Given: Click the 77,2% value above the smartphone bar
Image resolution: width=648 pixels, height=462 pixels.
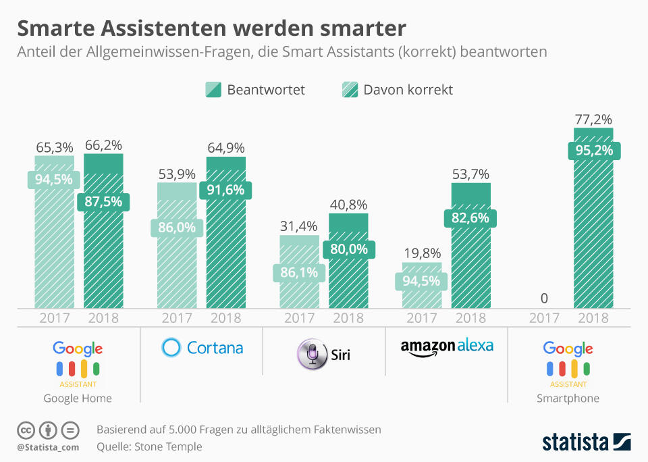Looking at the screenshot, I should click(593, 120).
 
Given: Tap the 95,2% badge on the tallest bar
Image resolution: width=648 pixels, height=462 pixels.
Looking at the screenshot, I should click(593, 150).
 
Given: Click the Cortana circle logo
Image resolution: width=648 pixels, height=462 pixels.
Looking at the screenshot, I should click(171, 347).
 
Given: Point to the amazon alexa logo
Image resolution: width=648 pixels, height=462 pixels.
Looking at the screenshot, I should click(446, 347).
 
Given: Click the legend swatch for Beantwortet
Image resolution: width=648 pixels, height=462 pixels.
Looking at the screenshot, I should click(213, 90).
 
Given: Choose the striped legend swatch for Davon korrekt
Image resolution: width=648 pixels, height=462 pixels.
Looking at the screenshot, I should click(350, 90).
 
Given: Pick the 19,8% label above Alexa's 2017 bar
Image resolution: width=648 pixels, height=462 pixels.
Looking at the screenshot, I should click(422, 254).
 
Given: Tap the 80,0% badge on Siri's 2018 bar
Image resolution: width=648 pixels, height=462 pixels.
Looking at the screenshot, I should click(348, 249).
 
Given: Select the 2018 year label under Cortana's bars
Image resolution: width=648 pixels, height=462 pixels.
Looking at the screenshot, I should click(226, 318).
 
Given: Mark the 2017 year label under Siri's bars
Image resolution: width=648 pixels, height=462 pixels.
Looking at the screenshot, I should click(299, 318).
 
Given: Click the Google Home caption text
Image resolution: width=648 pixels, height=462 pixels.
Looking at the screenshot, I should click(78, 399).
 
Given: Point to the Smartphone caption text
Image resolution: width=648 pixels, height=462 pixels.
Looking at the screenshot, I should click(568, 399).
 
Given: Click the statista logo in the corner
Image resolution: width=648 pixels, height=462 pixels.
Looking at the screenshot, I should click(586, 442).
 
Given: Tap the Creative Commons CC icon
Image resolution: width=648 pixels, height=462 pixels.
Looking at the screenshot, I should click(26, 430).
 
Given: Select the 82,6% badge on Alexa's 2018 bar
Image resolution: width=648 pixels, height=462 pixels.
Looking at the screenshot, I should click(470, 218).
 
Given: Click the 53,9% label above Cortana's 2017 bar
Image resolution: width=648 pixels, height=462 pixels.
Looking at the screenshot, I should click(177, 174).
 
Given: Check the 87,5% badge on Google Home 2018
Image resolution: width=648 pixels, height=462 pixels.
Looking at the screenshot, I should click(103, 201).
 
